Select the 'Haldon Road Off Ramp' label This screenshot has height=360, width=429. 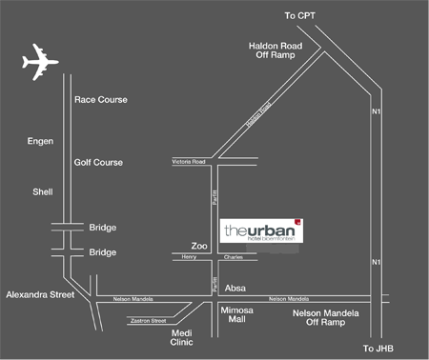(275, 50)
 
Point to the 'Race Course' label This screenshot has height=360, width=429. (100, 99)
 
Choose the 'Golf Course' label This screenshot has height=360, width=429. (98, 163)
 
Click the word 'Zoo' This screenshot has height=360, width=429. (198, 245)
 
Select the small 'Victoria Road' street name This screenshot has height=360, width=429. (189, 163)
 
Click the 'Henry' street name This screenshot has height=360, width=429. (189, 257)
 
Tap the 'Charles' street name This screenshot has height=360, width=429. (234, 257)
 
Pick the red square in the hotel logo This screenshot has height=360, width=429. (296, 221)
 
